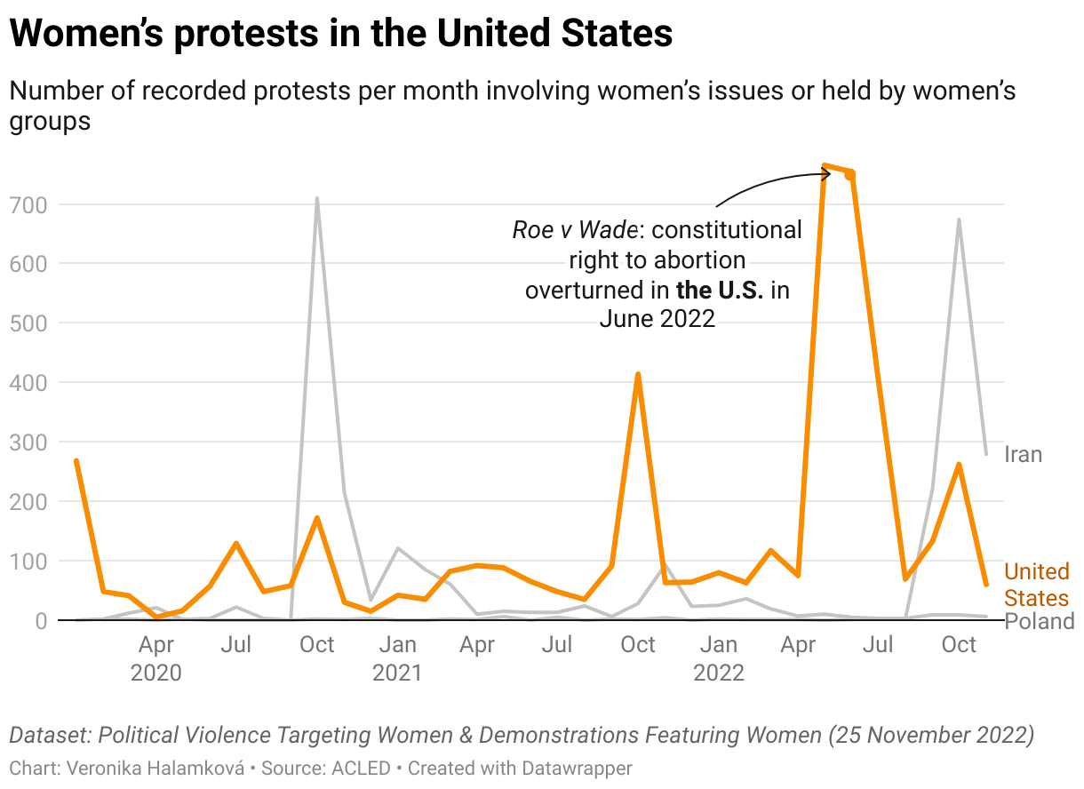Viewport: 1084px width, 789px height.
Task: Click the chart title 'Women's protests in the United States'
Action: [x=340, y=34]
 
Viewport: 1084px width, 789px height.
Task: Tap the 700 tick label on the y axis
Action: [x=29, y=205]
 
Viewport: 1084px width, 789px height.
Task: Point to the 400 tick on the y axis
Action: [x=29, y=383]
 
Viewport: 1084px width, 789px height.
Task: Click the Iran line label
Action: [x=1023, y=455]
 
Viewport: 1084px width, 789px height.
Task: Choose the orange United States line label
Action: [x=1036, y=585]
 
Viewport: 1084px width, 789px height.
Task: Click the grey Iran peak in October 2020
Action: [x=317, y=198]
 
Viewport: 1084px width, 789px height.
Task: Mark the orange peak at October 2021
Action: [x=638, y=374]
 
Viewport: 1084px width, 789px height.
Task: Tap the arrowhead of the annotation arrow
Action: [x=829, y=174]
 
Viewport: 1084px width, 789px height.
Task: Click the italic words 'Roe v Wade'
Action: [x=574, y=230]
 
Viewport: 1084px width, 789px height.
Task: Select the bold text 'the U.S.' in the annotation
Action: [x=721, y=291]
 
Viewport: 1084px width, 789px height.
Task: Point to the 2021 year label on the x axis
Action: [x=397, y=673]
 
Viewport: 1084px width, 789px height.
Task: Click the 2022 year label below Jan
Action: [x=719, y=673]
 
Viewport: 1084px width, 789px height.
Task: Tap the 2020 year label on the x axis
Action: [x=155, y=673]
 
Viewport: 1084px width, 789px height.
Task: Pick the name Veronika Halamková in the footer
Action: [x=155, y=768]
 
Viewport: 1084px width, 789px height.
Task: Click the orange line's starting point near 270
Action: [x=76, y=460]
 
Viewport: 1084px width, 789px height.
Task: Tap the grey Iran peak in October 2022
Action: [x=959, y=219]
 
